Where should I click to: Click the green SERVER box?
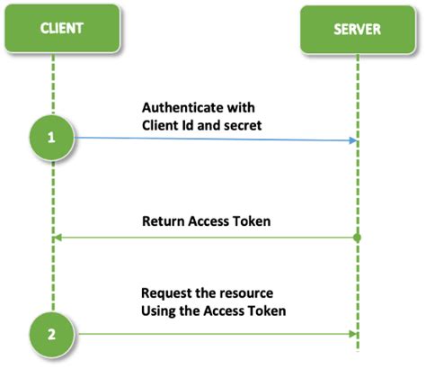point(358,28)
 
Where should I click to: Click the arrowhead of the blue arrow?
point(352,140)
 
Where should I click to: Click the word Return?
point(162,220)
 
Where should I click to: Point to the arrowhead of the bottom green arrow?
point(352,333)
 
